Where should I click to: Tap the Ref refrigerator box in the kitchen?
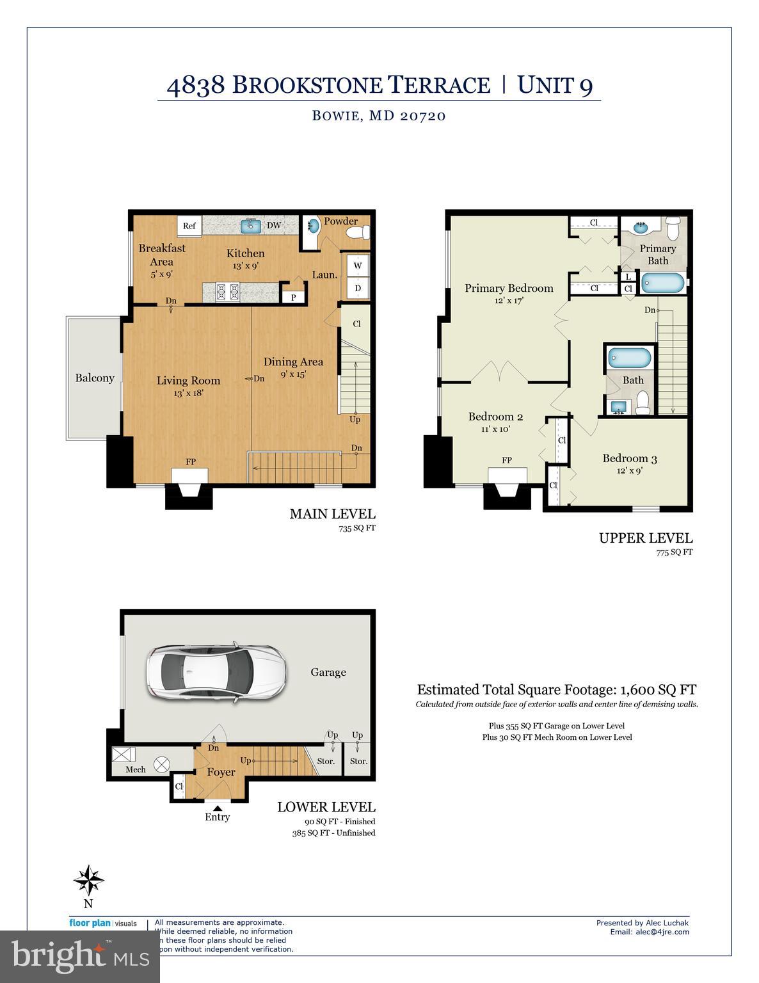[189, 226]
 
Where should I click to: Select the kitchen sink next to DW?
[250, 225]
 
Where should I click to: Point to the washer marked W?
[358, 266]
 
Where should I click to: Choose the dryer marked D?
[358, 288]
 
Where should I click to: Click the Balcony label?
[95, 378]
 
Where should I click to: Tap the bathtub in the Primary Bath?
[663, 283]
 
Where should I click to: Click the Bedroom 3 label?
[630, 458]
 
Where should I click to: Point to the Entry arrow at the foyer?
[218, 808]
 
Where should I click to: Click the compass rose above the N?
[88, 881]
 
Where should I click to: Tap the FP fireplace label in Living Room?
[191, 461]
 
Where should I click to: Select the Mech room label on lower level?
[136, 769]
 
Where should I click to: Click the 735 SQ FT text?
[357, 529]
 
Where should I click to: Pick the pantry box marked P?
[294, 297]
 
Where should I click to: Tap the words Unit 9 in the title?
[555, 85]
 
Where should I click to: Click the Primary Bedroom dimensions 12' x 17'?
[509, 300]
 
